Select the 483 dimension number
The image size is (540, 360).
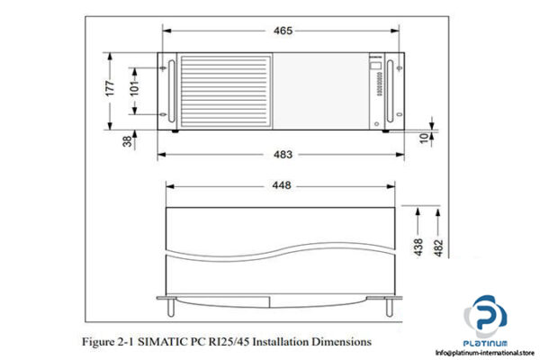tap(282, 154)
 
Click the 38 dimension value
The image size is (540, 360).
tap(127, 140)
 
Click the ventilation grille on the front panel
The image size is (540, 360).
tap(225, 91)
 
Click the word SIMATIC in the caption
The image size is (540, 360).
tap(166, 342)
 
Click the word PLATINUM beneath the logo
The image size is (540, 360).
tap(486, 344)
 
